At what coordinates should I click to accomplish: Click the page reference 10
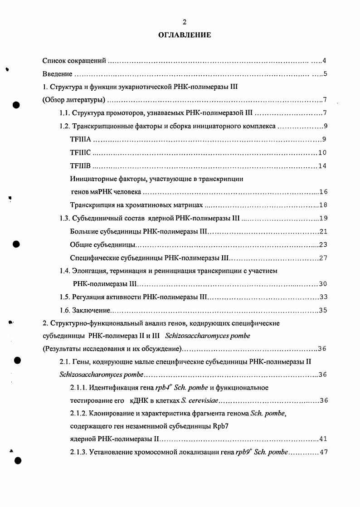pyautogui.click(x=322, y=152)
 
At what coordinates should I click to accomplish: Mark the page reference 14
pyautogui.click(x=322, y=166)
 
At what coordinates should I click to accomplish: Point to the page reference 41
pyautogui.click(x=323, y=439)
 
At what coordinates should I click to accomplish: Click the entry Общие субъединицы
pyautogui.click(x=103, y=245)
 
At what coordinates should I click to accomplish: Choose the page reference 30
pyautogui.click(x=323, y=284)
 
